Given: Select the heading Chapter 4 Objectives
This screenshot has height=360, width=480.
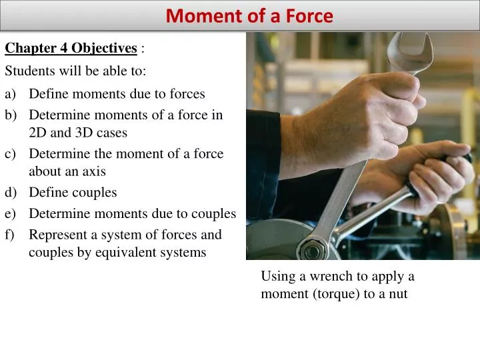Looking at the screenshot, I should (71, 48).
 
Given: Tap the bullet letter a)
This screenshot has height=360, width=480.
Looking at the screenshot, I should (11, 94).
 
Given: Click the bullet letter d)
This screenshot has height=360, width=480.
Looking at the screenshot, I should (11, 193).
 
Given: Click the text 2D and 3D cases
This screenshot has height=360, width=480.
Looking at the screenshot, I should (78, 132).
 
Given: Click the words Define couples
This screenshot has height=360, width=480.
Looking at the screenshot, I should (73, 193).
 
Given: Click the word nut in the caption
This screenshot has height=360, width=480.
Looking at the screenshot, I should (398, 293).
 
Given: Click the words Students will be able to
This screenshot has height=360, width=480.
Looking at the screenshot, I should (75, 70).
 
